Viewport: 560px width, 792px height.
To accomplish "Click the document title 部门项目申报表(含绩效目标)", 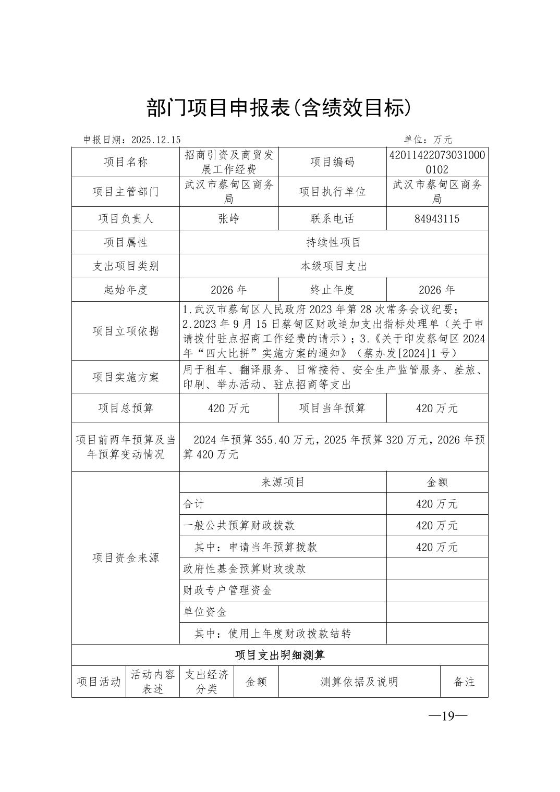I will pyautogui.click(x=279, y=108).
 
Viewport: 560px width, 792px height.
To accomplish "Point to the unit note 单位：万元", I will pyautogui.click(x=428, y=140).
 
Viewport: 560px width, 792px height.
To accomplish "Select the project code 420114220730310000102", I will pyautogui.click(x=437, y=162).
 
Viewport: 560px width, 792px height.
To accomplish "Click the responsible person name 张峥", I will pyautogui.click(x=229, y=218).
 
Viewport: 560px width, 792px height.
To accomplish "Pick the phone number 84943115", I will pyautogui.click(x=437, y=218).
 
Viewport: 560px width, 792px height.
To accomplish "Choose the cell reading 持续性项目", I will pyautogui.click(x=334, y=242).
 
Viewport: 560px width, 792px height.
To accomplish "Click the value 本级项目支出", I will pyautogui.click(x=334, y=266).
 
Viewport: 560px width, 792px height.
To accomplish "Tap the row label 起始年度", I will pyautogui.click(x=126, y=290).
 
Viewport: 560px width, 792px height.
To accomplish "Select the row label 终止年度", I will pyautogui.click(x=332, y=290).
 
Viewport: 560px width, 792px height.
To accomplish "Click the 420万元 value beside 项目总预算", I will pyautogui.click(x=229, y=408).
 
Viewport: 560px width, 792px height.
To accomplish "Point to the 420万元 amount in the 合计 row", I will pyautogui.click(x=437, y=504).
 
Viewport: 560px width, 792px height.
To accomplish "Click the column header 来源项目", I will pyautogui.click(x=283, y=482).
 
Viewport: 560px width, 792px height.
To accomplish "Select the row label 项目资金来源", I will pyautogui.click(x=126, y=558).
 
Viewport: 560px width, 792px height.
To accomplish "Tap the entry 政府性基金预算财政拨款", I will pyautogui.click(x=244, y=568).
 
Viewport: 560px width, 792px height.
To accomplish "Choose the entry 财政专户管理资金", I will pyautogui.click(x=227, y=590).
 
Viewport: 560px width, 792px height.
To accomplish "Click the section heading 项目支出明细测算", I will pyautogui.click(x=280, y=655).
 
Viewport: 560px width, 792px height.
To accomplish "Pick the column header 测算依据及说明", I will pyautogui.click(x=359, y=682).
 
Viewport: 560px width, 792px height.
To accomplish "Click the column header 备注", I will pyautogui.click(x=464, y=682).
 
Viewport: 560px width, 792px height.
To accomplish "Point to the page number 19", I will pyautogui.click(x=448, y=716).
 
